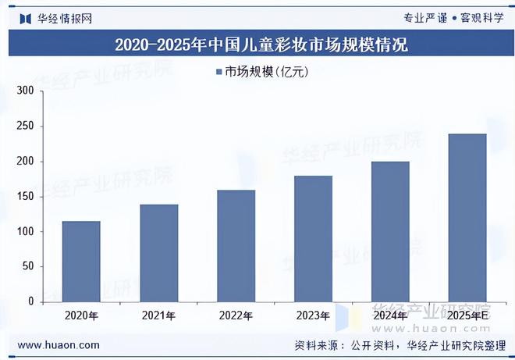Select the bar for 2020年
[81, 261]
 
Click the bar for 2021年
[159, 253]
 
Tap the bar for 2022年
[236, 245]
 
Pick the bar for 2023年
[313, 238]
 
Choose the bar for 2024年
[390, 231]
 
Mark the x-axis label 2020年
[81, 316]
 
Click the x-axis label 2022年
[236, 316]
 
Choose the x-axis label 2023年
[313, 316]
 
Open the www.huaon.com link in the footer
[59, 344]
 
